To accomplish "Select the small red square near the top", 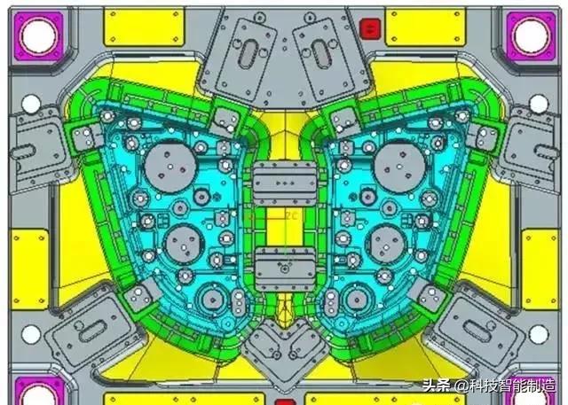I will (x=368, y=30).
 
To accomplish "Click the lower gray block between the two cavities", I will (x=284, y=265).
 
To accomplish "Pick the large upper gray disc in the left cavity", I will (x=165, y=164).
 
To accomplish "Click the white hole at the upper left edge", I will (x=31, y=104).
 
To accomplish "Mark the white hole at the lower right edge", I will (x=538, y=334).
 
